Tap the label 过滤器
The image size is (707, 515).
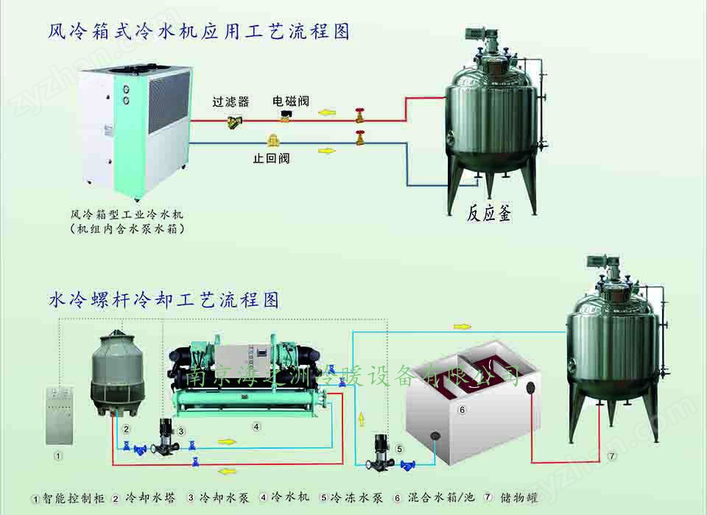pos(231,102)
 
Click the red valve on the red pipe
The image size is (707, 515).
pos(359,116)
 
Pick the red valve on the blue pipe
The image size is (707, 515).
pos(360,137)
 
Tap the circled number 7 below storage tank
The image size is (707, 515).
pos(611,456)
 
